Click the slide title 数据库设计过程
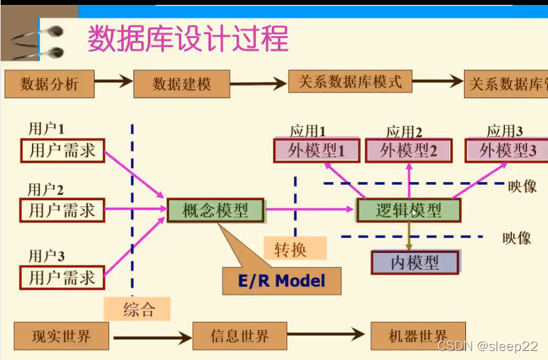click(x=188, y=38)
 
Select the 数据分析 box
click(x=49, y=84)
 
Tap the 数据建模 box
click(x=182, y=84)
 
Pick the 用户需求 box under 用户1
click(x=63, y=150)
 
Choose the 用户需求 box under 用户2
click(x=63, y=209)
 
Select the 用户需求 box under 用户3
click(x=63, y=277)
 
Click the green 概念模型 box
click(x=216, y=210)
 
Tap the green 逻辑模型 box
click(x=408, y=211)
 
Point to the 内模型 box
click(x=415, y=262)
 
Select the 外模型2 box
click(x=408, y=150)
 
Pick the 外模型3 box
click(x=507, y=150)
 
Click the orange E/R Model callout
click(x=282, y=281)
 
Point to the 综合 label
click(x=139, y=309)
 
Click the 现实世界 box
click(x=61, y=337)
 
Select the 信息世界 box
click(x=240, y=337)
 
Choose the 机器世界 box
click(x=418, y=337)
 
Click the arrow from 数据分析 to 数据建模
click(x=113, y=81)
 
